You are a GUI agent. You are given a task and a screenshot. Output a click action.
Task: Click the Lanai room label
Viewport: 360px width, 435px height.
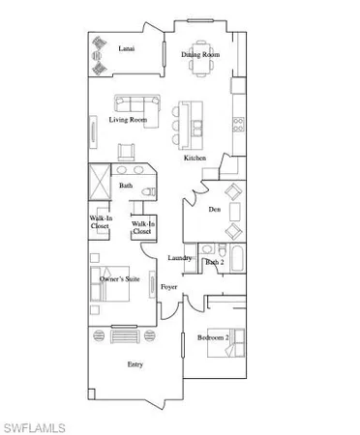[126, 46]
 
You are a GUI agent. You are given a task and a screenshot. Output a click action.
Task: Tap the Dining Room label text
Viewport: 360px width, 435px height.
[200, 55]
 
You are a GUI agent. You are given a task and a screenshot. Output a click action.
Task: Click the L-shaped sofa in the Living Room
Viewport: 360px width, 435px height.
[136, 103]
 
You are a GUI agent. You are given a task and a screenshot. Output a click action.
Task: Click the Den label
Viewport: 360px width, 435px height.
[215, 208]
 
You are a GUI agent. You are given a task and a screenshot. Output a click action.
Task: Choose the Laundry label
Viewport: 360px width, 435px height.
[180, 258]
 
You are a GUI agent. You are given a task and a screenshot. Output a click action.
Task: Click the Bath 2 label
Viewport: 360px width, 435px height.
[215, 261]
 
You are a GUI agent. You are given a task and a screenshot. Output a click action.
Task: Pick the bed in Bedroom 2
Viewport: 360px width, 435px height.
[237, 340]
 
